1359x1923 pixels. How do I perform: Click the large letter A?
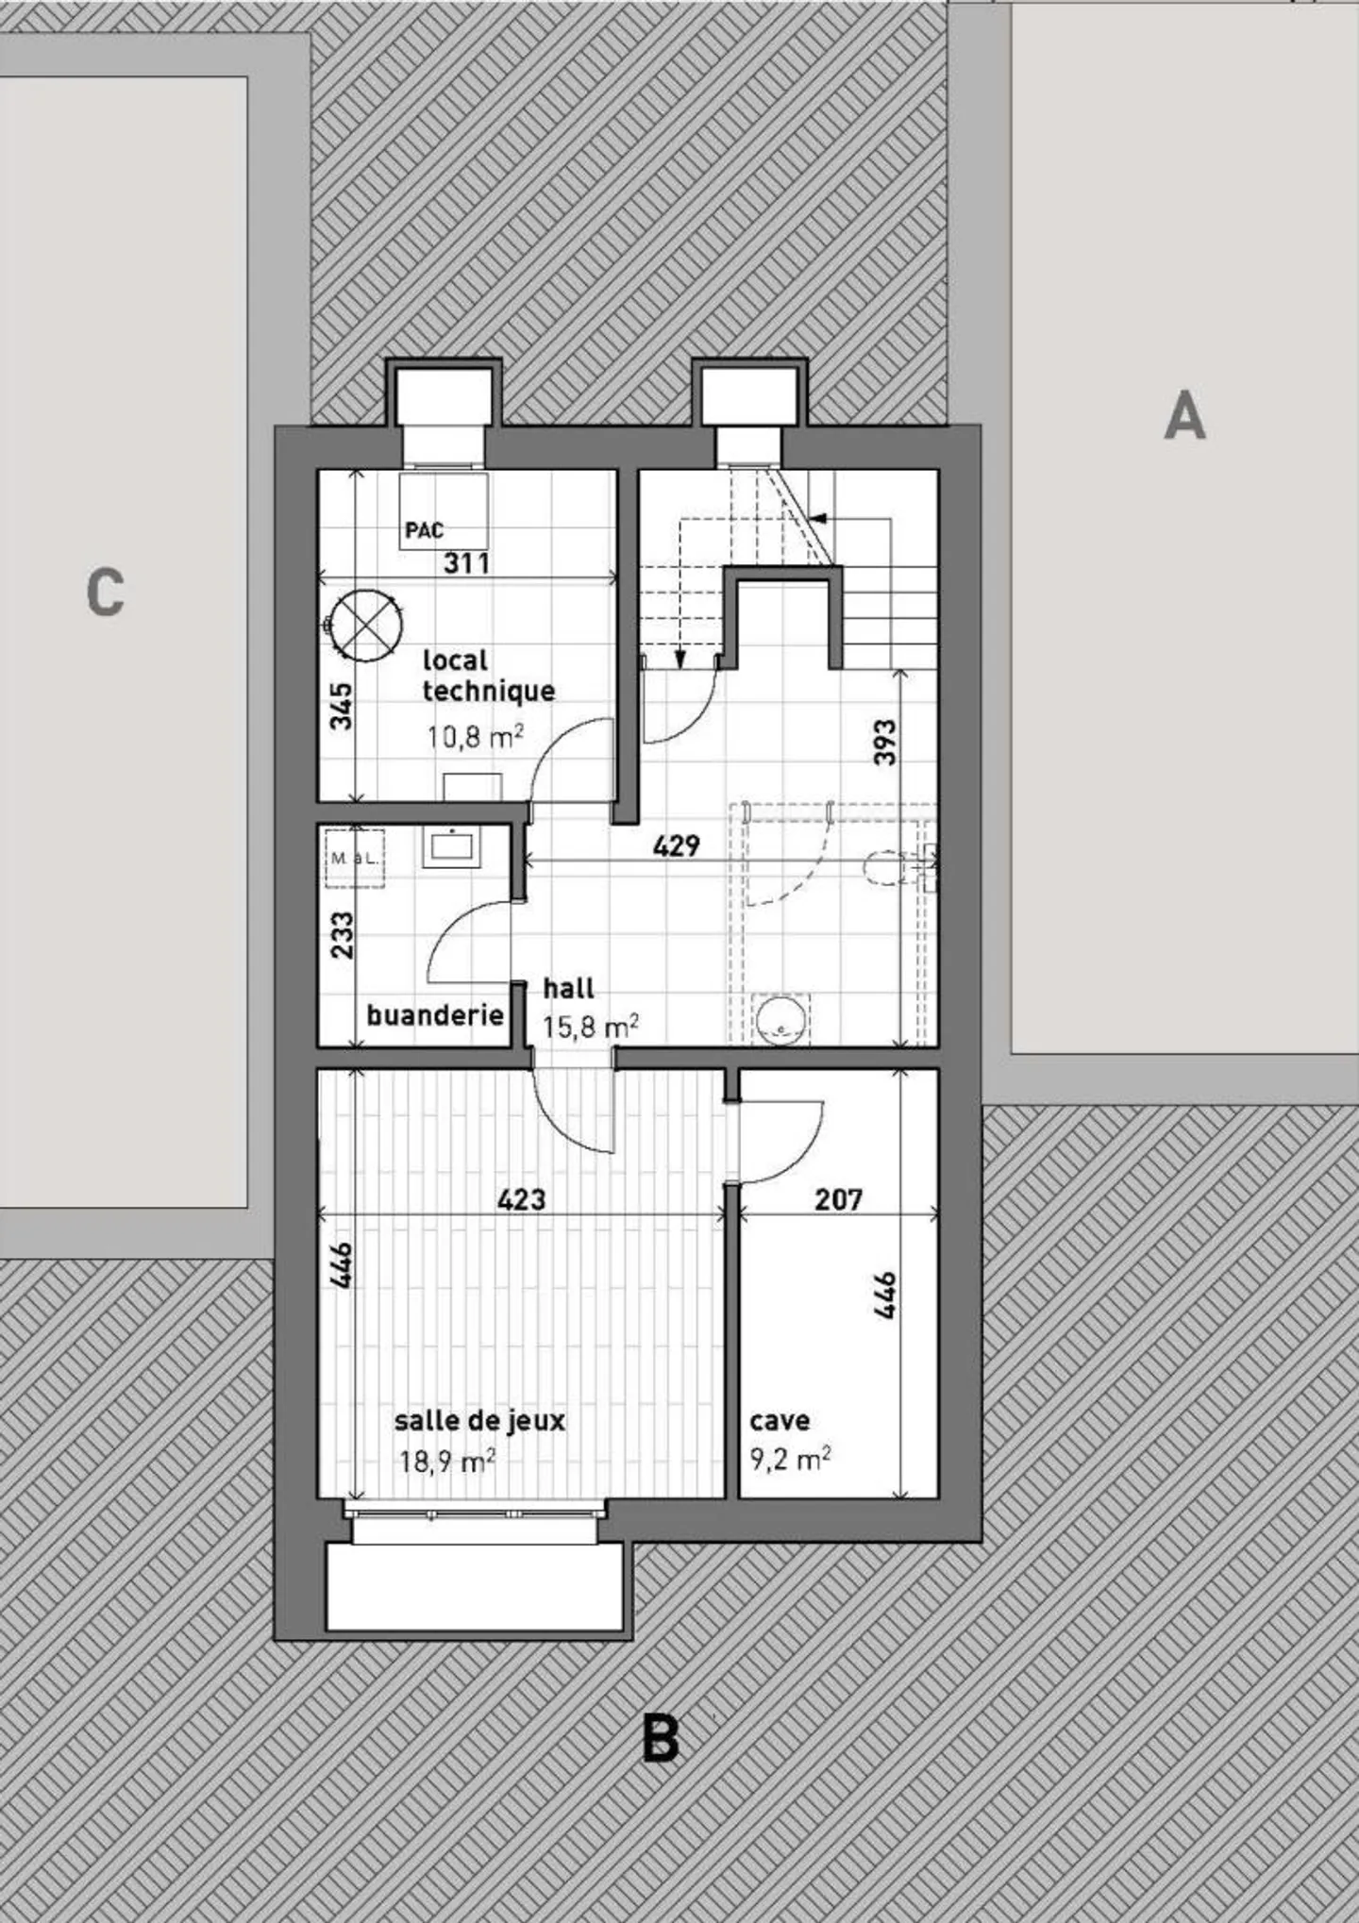click(1184, 416)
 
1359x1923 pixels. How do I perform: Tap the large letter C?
click(105, 593)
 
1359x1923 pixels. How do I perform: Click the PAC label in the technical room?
click(424, 531)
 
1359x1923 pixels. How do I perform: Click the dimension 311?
click(467, 563)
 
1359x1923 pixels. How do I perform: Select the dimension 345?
click(342, 706)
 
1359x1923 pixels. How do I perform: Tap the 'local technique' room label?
click(487, 676)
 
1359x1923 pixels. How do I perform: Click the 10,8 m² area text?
click(475, 736)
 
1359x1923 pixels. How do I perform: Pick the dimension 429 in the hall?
click(677, 845)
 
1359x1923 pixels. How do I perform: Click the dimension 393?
click(884, 743)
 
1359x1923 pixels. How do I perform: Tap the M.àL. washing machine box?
click(355, 859)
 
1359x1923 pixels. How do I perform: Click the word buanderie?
click(434, 1015)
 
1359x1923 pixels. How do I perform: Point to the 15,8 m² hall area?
click(590, 1027)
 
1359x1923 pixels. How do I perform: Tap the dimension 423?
click(522, 1199)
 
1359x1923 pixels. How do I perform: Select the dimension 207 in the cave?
click(838, 1199)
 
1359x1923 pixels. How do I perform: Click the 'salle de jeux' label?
click(479, 1420)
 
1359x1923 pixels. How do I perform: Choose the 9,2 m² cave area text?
click(790, 1461)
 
